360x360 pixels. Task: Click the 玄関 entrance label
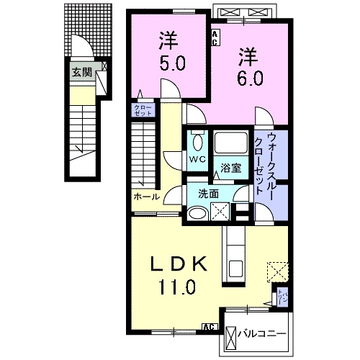(81, 71)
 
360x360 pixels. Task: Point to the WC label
(197, 158)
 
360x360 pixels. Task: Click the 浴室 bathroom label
(231, 168)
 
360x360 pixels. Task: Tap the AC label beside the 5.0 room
(214, 37)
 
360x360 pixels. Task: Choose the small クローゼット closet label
(140, 111)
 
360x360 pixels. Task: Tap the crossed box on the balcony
(232, 336)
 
